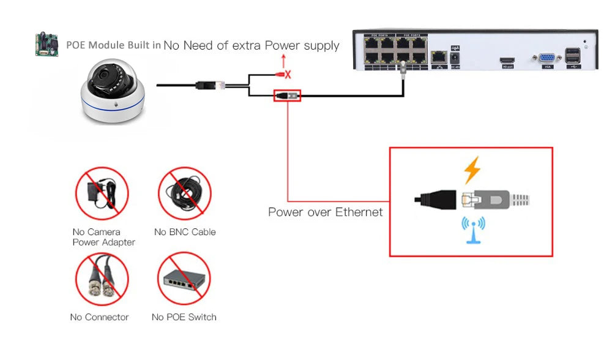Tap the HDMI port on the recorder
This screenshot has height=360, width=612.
(x=507, y=59)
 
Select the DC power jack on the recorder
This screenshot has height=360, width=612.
(x=455, y=58)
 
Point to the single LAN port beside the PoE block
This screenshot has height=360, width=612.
(x=438, y=57)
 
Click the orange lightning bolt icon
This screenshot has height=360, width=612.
(x=471, y=170)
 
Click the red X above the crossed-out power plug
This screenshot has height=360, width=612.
(x=288, y=75)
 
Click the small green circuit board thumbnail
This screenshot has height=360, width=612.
(x=46, y=46)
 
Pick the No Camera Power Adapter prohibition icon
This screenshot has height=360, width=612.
(x=102, y=193)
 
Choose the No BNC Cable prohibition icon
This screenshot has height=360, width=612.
(x=184, y=193)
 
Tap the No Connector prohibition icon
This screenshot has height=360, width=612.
(x=102, y=279)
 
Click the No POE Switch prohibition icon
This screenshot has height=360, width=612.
(x=184, y=279)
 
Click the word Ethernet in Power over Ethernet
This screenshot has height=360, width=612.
(x=359, y=212)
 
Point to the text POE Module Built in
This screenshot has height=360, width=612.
(x=113, y=45)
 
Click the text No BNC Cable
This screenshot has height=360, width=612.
(x=184, y=232)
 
